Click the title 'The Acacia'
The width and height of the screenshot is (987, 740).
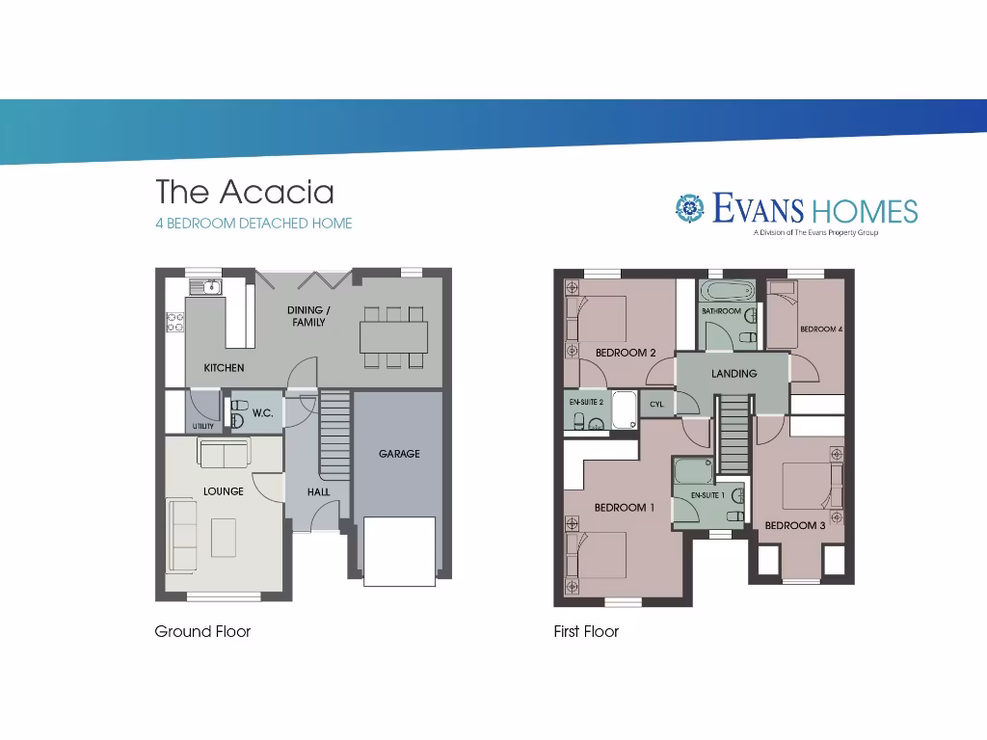[x=245, y=192]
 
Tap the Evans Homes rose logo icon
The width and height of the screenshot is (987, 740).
[x=689, y=207]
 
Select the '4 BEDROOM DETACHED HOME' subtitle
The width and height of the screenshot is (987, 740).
[x=253, y=224]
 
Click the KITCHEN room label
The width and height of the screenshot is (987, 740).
[x=224, y=368]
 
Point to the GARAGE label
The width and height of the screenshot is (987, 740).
[x=399, y=454]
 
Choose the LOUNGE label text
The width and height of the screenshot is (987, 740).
[x=224, y=491]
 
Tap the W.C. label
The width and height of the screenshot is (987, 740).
[x=262, y=413]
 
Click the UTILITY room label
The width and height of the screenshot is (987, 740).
[x=203, y=426]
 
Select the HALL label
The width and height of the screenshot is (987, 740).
[x=318, y=492]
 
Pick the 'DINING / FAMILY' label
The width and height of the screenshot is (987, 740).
[x=308, y=316]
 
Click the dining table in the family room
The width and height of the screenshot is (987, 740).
[x=392, y=336]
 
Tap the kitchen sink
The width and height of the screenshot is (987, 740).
[x=206, y=286]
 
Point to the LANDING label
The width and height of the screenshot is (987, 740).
[x=734, y=374]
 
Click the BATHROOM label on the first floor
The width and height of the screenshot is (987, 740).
[x=721, y=312]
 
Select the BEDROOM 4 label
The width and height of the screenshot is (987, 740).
[x=821, y=330]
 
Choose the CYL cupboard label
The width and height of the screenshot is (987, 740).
[x=656, y=405]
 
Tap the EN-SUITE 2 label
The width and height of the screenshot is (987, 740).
[x=586, y=402]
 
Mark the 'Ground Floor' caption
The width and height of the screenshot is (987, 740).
[x=202, y=632]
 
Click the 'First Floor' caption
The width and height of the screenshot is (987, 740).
[x=586, y=632]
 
